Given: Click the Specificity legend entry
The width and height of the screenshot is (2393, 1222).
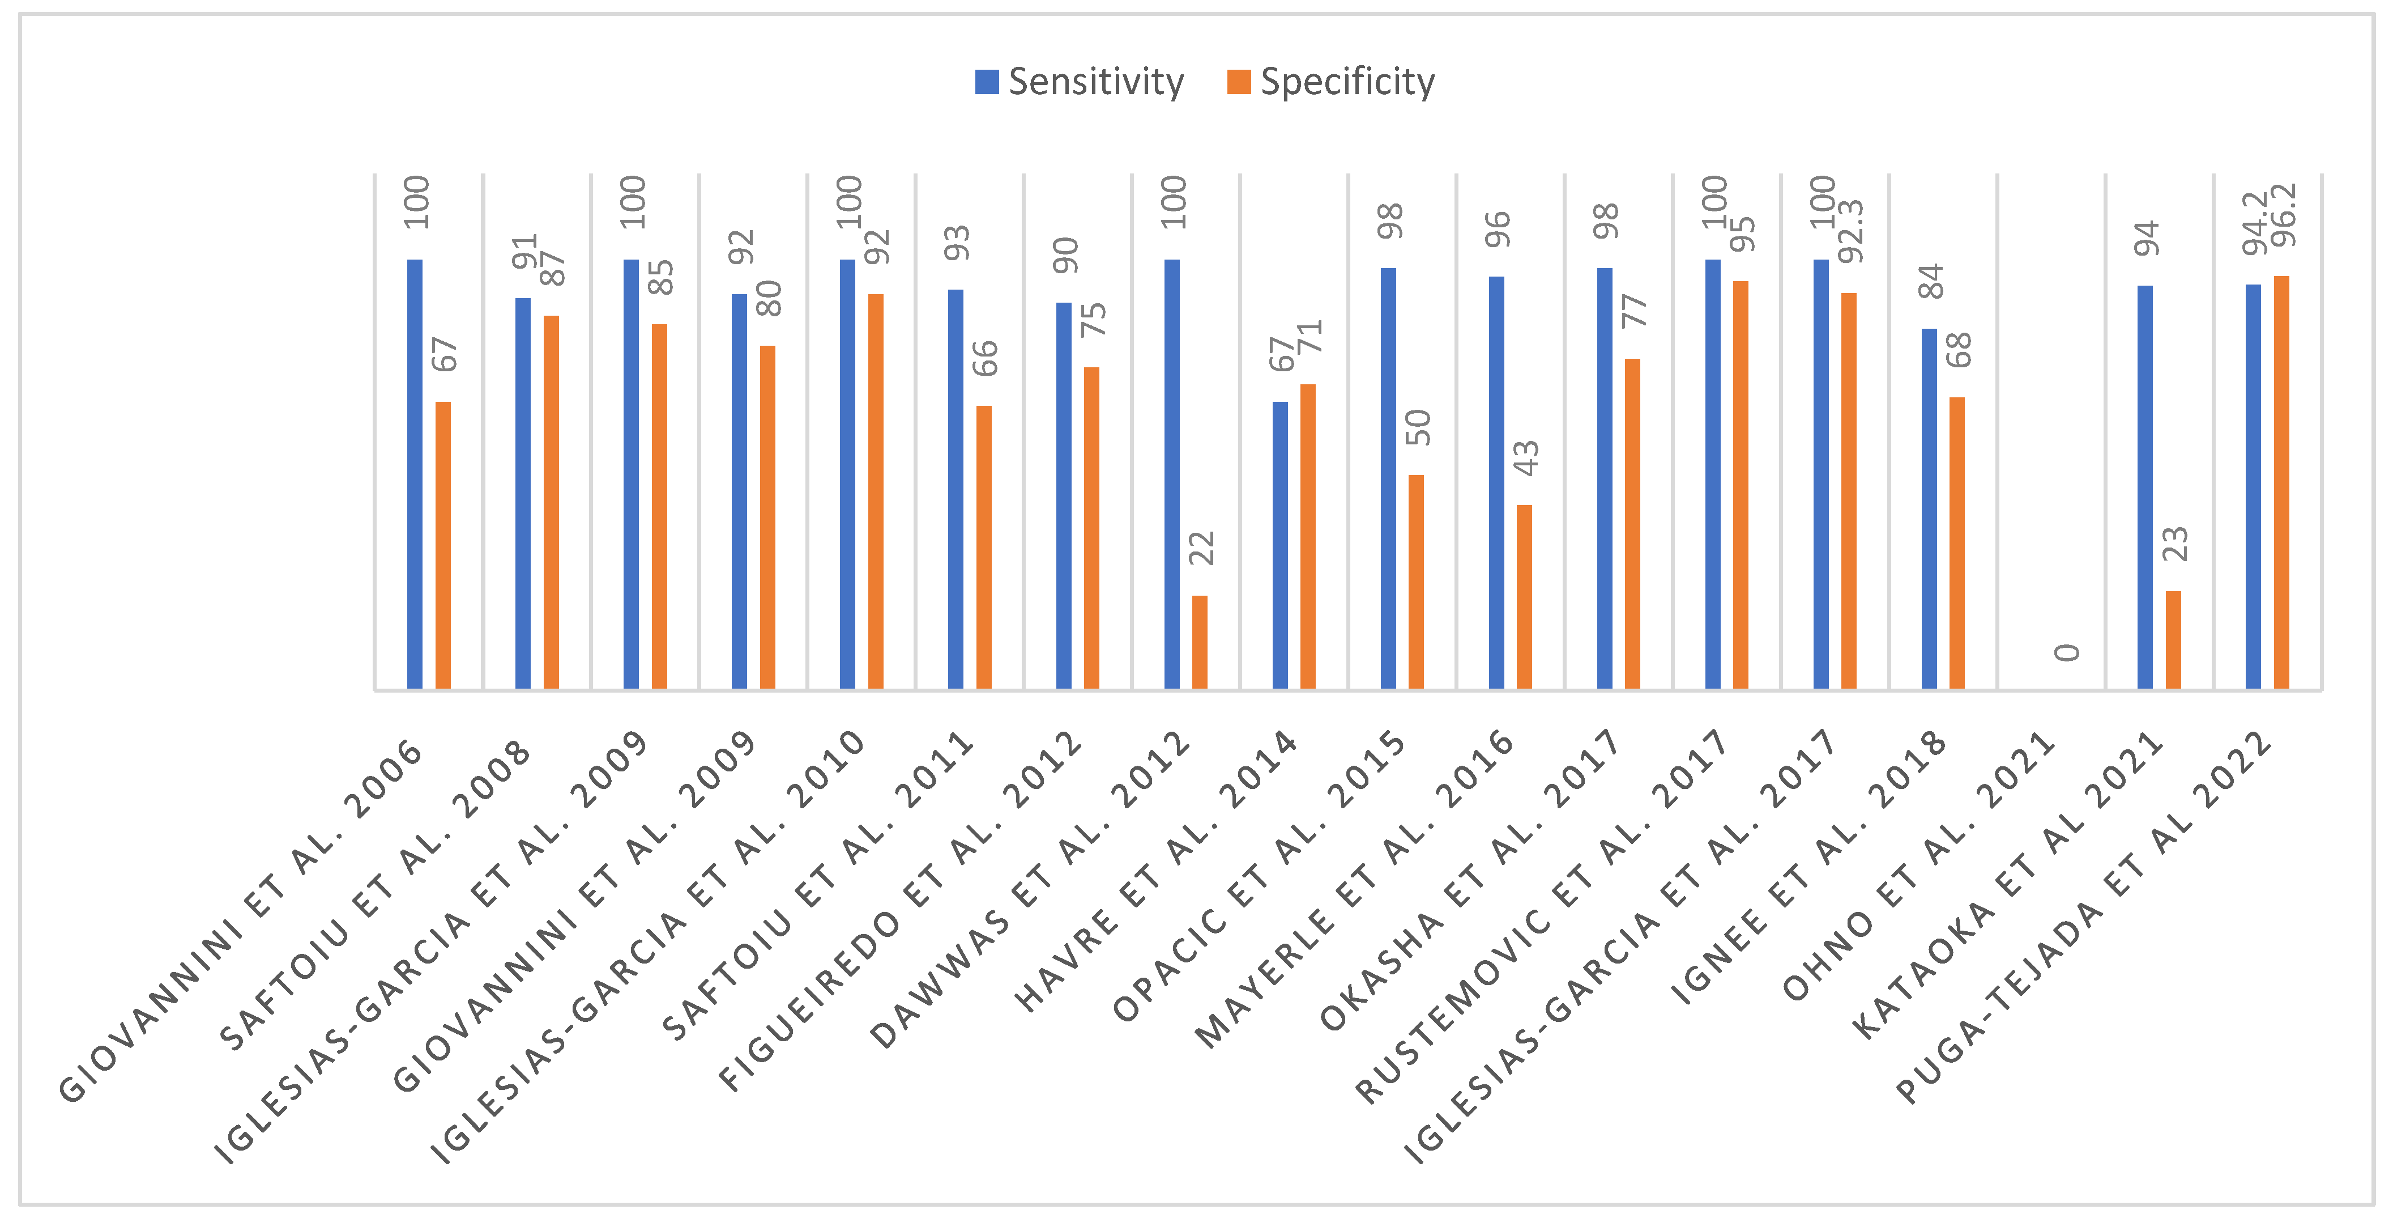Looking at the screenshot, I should [x=1330, y=82].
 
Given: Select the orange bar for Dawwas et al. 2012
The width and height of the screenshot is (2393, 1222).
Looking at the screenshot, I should [x=1199, y=641].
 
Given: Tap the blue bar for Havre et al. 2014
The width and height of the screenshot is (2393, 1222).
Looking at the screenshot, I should [x=1280, y=545].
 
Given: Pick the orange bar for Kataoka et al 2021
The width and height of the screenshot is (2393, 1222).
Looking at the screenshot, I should [x=2173, y=639].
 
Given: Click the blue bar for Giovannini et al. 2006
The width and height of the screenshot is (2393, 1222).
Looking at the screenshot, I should [x=415, y=474].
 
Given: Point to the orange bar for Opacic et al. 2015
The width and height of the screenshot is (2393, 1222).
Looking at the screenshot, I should [x=1416, y=582].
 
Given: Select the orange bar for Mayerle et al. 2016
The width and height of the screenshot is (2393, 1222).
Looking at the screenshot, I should [x=1524, y=597].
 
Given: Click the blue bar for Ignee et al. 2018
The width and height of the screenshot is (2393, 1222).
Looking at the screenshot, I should [x=1929, y=508].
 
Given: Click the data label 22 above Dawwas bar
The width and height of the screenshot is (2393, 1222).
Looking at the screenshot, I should [x=1202, y=548].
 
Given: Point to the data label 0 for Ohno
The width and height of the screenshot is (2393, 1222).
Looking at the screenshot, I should [x=2067, y=652].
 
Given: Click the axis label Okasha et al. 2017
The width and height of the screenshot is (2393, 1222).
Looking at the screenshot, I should [x=1468, y=883].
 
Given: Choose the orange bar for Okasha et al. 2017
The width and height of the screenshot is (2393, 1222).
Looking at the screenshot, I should [x=1632, y=523].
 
